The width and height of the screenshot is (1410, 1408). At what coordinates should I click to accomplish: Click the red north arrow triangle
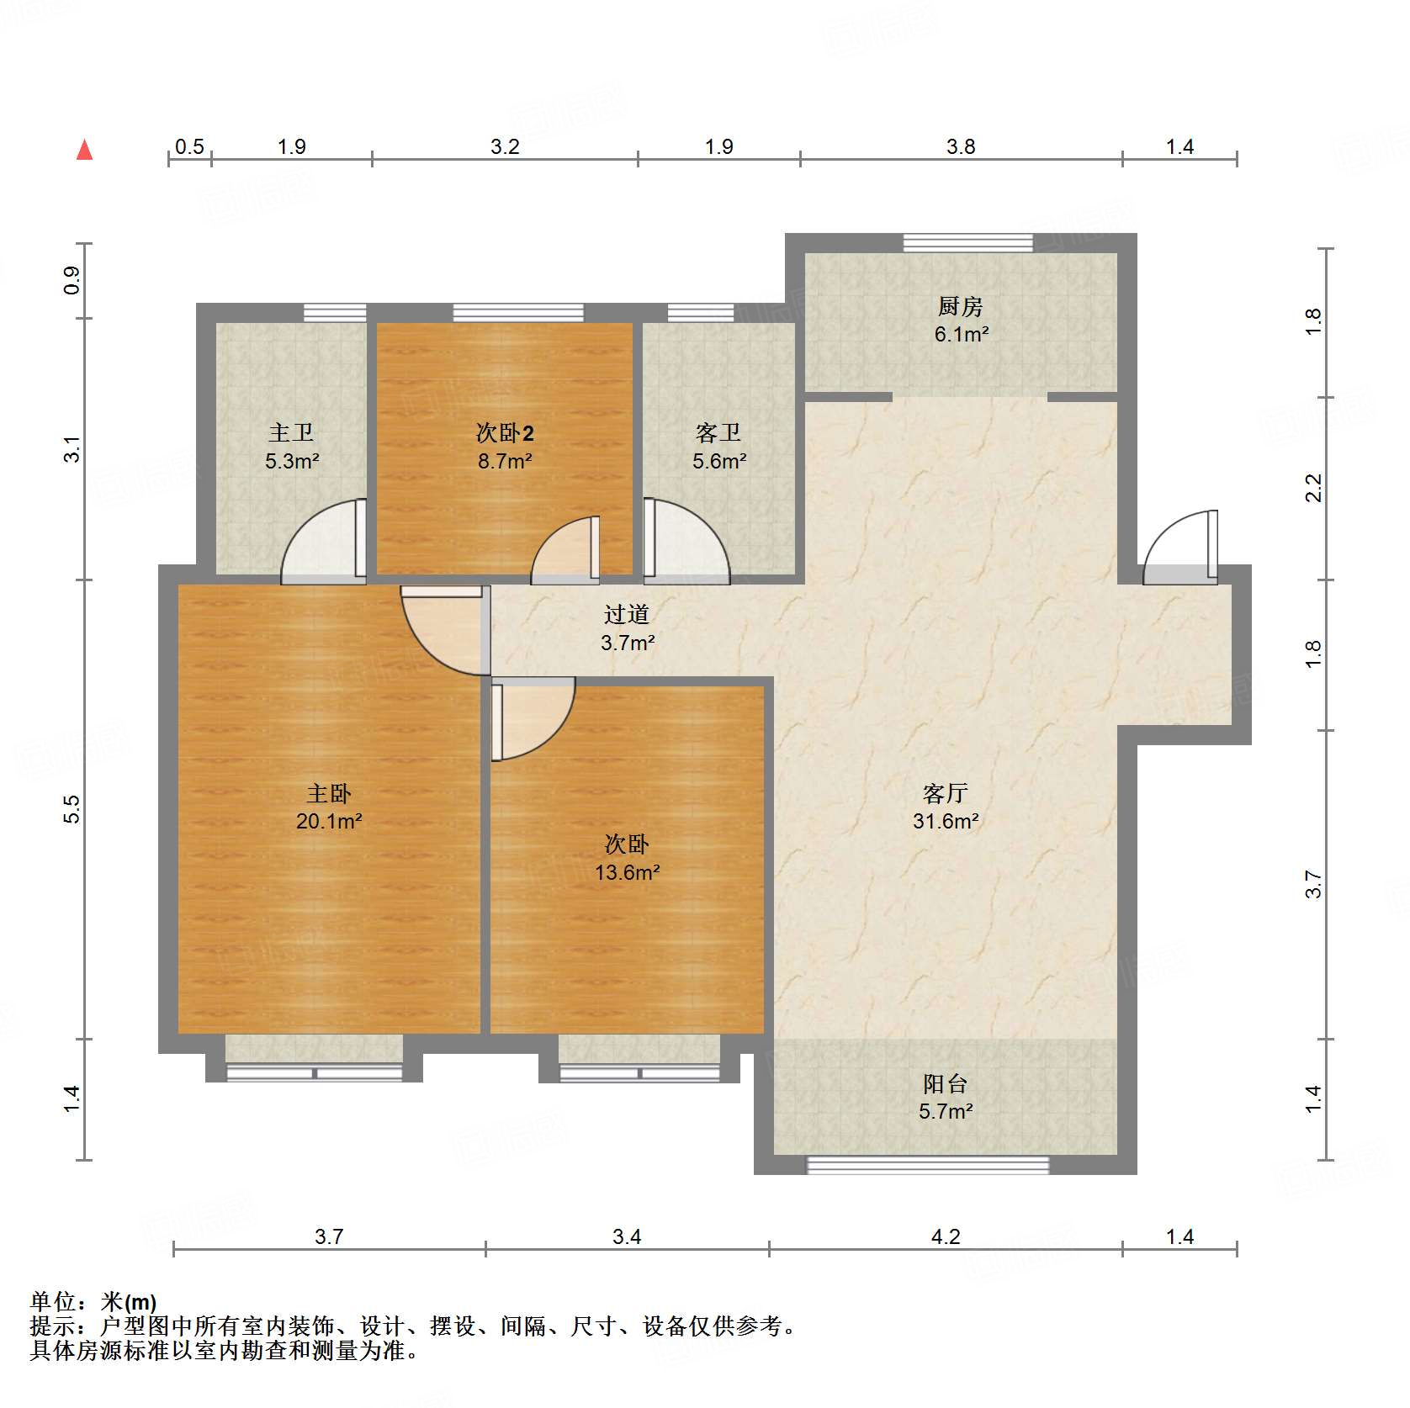click(x=84, y=151)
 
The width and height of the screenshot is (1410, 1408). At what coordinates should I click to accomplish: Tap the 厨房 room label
click(x=960, y=307)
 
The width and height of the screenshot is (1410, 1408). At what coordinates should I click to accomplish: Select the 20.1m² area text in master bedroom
click(x=328, y=822)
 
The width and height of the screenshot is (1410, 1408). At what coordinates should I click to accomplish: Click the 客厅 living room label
click(x=945, y=793)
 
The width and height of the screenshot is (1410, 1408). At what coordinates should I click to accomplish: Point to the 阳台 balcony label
click(x=945, y=1083)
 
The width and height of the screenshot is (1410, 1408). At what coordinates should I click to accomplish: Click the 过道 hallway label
click(x=627, y=615)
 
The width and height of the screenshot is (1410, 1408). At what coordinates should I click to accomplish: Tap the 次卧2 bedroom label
click(x=505, y=433)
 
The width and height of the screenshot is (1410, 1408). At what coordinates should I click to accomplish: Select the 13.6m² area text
click(x=627, y=873)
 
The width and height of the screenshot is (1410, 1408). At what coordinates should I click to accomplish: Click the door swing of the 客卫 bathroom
click(x=686, y=543)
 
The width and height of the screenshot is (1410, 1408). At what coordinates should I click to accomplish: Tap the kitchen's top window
click(x=967, y=242)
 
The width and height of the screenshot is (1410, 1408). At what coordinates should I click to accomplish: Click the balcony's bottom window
click(x=928, y=1165)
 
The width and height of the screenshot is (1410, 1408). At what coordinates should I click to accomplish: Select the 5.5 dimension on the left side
click(x=72, y=808)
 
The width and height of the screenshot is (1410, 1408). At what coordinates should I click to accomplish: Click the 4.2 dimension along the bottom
click(x=945, y=1236)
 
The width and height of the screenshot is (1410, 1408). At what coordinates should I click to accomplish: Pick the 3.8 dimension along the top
click(x=960, y=147)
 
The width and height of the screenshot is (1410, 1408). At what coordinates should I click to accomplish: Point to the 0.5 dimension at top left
click(x=189, y=147)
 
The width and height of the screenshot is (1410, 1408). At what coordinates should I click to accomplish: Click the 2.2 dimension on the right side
click(x=1313, y=488)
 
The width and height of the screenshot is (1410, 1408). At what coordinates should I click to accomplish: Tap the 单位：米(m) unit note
click(x=93, y=1302)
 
